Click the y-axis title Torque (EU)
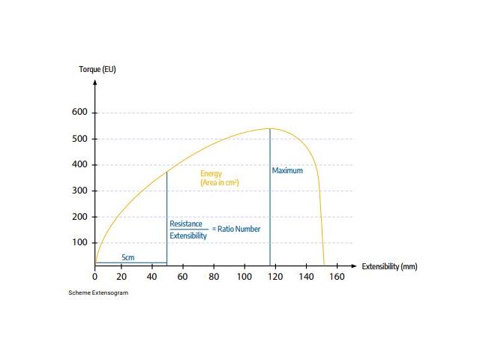point(97,70)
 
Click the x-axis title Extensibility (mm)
point(389,266)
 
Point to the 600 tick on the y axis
point(79,112)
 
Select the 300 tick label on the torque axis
point(79,190)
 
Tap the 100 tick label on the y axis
point(79,242)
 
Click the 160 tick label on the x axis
point(337,277)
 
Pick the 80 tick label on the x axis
point(214,277)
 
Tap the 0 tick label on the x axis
point(94,277)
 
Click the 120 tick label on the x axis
point(276,277)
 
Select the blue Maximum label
point(287,170)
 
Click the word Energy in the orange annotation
point(211,174)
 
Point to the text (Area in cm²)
point(219,182)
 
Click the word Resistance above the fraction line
point(186,223)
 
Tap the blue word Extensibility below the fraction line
point(188,235)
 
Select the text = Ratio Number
point(236,229)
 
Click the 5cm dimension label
point(128,257)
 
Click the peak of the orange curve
point(270,128)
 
